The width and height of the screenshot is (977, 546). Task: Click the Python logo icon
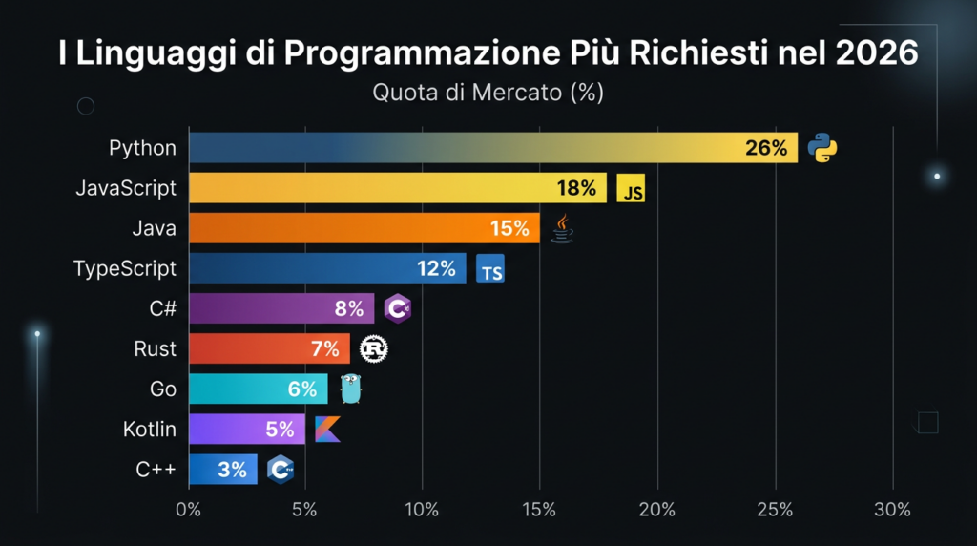821,148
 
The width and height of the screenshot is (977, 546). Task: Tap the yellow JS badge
631,189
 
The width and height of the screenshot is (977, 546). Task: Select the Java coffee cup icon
563,229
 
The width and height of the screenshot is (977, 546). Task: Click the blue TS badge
490,270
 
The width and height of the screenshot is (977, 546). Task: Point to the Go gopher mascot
352,388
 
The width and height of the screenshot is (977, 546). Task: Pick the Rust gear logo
374,349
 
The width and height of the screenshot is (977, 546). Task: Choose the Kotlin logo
327,430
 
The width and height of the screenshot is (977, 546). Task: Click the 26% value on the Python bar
766,148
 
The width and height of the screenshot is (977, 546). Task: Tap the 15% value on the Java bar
509,229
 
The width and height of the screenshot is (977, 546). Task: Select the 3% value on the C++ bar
232,470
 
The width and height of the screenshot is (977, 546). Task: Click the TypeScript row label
125,269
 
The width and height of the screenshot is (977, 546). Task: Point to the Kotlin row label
150,430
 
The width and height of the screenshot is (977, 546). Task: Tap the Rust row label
155,349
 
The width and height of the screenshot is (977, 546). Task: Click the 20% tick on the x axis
657,511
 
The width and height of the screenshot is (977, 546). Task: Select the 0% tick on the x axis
189,511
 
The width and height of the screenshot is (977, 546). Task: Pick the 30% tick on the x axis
892,511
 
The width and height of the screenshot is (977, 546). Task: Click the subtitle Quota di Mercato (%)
488,94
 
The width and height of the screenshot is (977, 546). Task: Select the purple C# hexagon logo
398,308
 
